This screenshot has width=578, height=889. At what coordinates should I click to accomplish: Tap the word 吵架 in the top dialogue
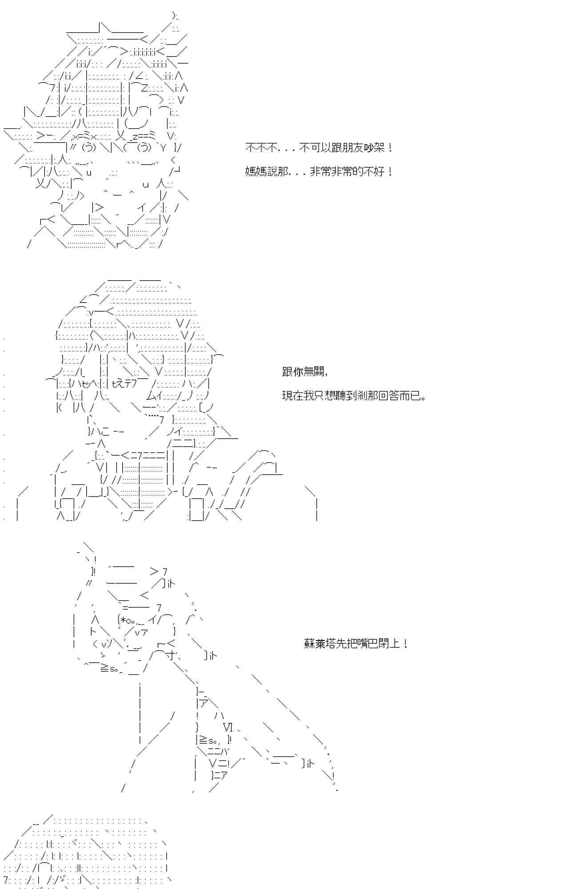point(374,148)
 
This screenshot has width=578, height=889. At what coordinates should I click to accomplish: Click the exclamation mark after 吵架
point(390,148)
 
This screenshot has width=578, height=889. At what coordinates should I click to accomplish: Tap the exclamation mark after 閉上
point(405,643)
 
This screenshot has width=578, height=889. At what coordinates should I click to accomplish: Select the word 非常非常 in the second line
point(331,172)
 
